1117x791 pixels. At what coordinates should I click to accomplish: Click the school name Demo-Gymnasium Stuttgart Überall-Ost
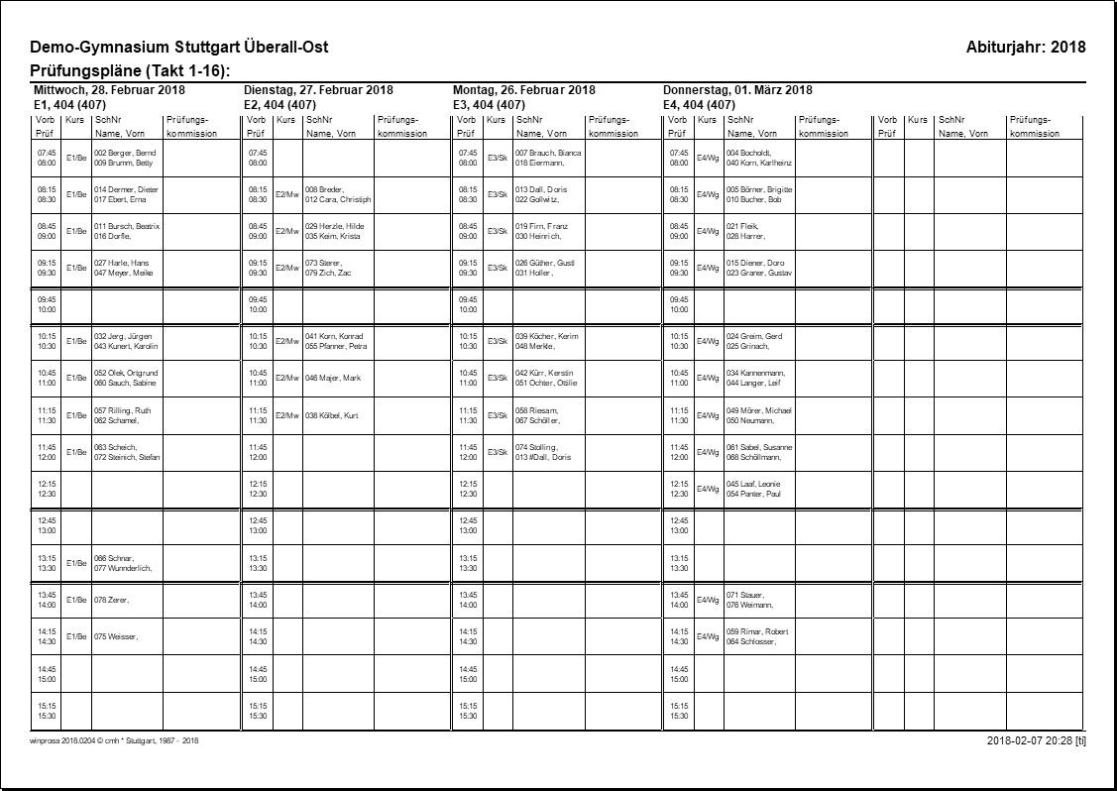179,48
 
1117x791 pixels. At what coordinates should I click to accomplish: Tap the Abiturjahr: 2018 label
1026,48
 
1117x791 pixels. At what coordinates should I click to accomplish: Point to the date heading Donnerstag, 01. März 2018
737,90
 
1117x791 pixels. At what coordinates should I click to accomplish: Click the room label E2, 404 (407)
279,104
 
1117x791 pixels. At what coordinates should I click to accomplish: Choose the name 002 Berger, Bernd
125,153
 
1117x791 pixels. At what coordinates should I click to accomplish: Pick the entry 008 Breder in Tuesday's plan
324,189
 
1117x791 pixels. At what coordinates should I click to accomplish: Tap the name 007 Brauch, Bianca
548,153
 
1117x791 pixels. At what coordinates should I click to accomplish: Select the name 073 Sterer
323,263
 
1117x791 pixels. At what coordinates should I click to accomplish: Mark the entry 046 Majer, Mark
333,379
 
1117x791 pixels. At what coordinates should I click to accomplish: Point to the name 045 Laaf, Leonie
753,484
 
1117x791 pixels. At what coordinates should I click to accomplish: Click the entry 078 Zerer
112,600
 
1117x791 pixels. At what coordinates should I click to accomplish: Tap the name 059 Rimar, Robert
757,630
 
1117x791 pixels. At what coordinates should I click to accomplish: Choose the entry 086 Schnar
114,558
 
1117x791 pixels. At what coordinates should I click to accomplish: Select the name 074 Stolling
536,447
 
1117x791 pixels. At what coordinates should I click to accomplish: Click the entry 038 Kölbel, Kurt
332,415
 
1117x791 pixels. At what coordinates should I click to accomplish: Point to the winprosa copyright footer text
115,739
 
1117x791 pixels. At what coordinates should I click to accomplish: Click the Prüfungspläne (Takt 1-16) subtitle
131,71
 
